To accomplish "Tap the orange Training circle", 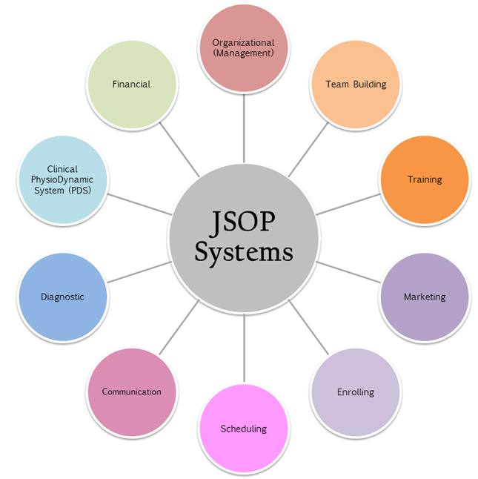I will [x=425, y=179].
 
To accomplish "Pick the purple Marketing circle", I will [x=425, y=297].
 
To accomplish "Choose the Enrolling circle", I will [x=356, y=392].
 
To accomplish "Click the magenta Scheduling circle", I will [x=243, y=429].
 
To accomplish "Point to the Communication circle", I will [x=132, y=392].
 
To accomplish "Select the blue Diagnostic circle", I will [x=62, y=297].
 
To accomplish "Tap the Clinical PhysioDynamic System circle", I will [x=62, y=179].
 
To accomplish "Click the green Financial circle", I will [x=131, y=84].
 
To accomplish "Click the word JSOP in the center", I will [x=244, y=222].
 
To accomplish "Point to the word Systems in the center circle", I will [x=244, y=252].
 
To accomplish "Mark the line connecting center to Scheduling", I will [x=244, y=348].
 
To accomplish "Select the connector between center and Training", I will [x=348, y=204].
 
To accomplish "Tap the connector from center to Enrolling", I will [x=308, y=327].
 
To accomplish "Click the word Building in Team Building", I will [x=370, y=84].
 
